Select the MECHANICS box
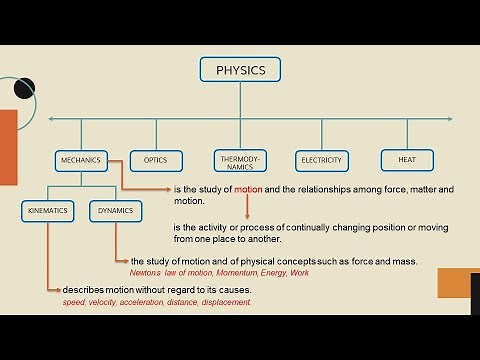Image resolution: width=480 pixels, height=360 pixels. click(x=80, y=160)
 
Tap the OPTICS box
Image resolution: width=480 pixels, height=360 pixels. click(x=155, y=160)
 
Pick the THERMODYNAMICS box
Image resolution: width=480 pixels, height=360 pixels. click(x=240, y=160)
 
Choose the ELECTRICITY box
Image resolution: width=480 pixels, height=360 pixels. click(x=321, y=160)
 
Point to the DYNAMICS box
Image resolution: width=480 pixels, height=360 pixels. click(x=113, y=211)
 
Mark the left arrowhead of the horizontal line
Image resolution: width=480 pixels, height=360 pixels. click(x=52, y=121)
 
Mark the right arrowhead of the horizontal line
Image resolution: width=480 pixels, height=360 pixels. click(x=429, y=121)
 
